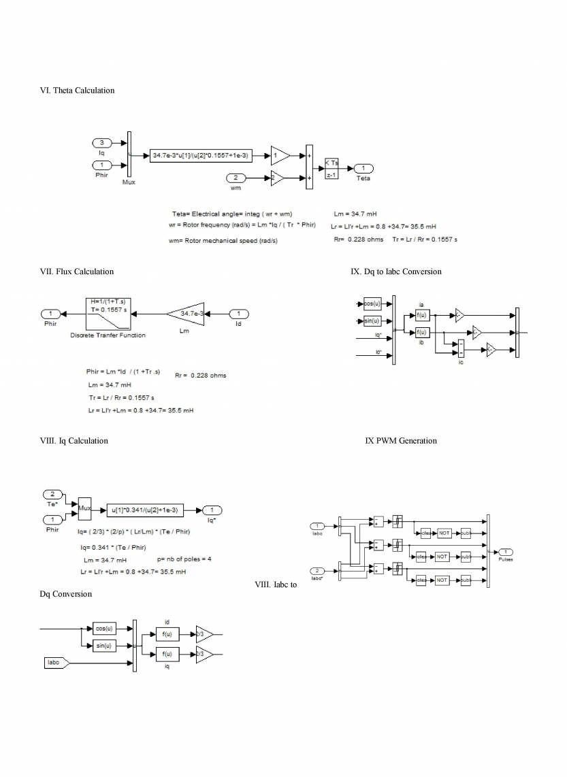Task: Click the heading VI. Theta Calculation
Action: [78, 90]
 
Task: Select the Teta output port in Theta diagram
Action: [363, 169]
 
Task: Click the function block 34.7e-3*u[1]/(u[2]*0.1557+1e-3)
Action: [201, 156]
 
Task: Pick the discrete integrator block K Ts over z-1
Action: [331, 169]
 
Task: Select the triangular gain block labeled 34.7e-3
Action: [187, 314]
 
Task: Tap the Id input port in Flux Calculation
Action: [238, 314]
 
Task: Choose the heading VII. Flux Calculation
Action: [77, 271]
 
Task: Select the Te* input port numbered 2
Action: [52, 493]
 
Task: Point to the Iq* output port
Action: [212, 510]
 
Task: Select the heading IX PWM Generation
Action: [401, 441]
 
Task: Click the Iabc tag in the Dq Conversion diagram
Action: [54, 662]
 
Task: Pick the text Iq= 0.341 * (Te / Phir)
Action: [116, 547]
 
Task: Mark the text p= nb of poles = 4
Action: [184, 559]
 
